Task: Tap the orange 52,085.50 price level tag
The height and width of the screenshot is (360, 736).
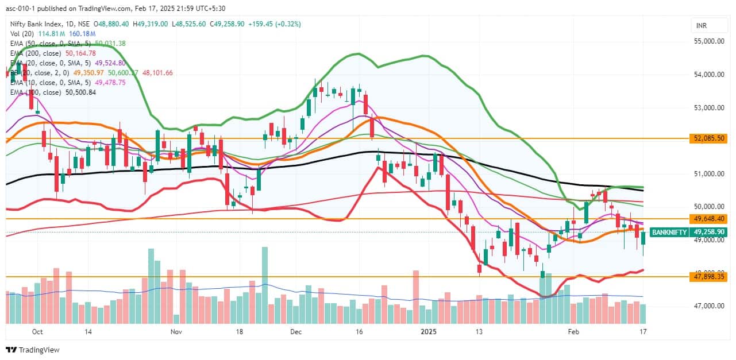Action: click(x=710, y=138)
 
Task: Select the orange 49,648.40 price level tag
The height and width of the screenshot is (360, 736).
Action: click(x=710, y=219)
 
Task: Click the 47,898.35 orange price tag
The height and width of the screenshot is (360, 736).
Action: click(x=710, y=277)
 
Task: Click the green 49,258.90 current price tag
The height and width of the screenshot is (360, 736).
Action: click(x=710, y=232)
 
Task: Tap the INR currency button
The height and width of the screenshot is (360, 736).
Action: click(x=701, y=26)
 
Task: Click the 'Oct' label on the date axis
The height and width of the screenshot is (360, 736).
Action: click(x=38, y=332)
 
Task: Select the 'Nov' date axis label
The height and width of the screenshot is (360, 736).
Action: click(x=176, y=332)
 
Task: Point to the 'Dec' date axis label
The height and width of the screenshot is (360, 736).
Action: click(x=296, y=332)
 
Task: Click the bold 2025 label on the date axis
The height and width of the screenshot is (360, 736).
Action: click(x=428, y=332)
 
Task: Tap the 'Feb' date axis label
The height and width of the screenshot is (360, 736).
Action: click(x=573, y=332)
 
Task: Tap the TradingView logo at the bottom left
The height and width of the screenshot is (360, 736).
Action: click(x=33, y=350)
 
